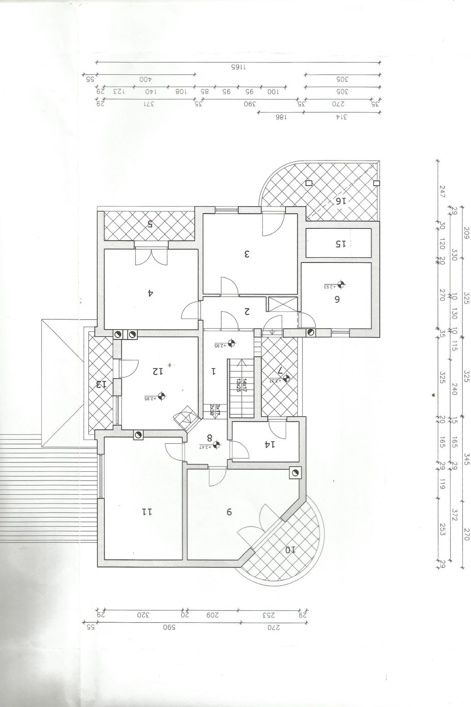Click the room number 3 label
point(247,253)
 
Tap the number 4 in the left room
point(150,292)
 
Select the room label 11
point(147,511)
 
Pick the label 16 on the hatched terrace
point(340,201)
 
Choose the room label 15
point(340,243)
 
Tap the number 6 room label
point(337,299)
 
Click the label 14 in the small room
point(270,445)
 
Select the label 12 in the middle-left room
point(158,371)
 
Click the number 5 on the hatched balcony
point(150,224)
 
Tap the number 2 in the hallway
point(247,312)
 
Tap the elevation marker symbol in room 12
point(161,395)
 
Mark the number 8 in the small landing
point(210,438)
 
